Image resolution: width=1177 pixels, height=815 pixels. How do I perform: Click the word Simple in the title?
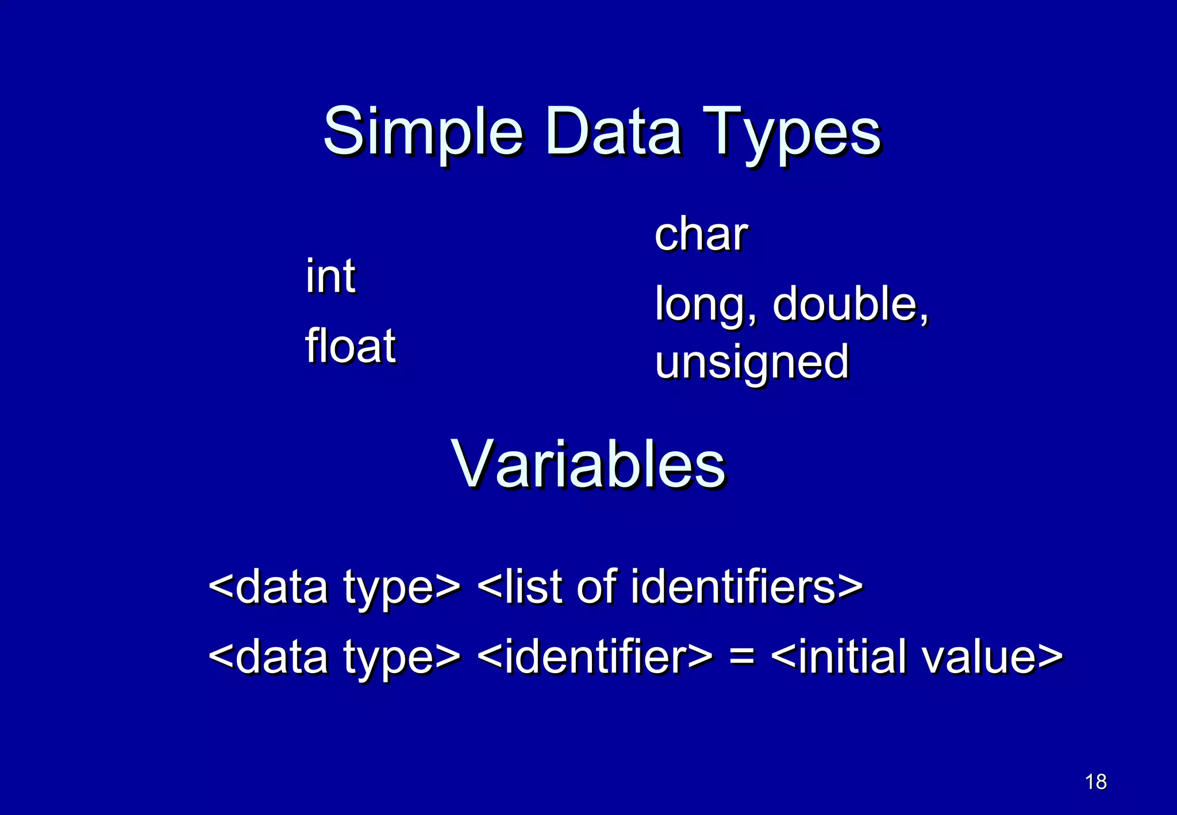point(423,132)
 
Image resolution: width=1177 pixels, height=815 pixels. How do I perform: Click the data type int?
point(330,276)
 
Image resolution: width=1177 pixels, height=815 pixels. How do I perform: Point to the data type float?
point(350,345)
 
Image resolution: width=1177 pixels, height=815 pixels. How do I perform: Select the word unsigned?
point(752,363)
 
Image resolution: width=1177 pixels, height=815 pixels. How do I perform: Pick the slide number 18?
point(1095,782)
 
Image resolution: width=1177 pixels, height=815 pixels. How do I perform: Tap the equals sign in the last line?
point(741,657)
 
